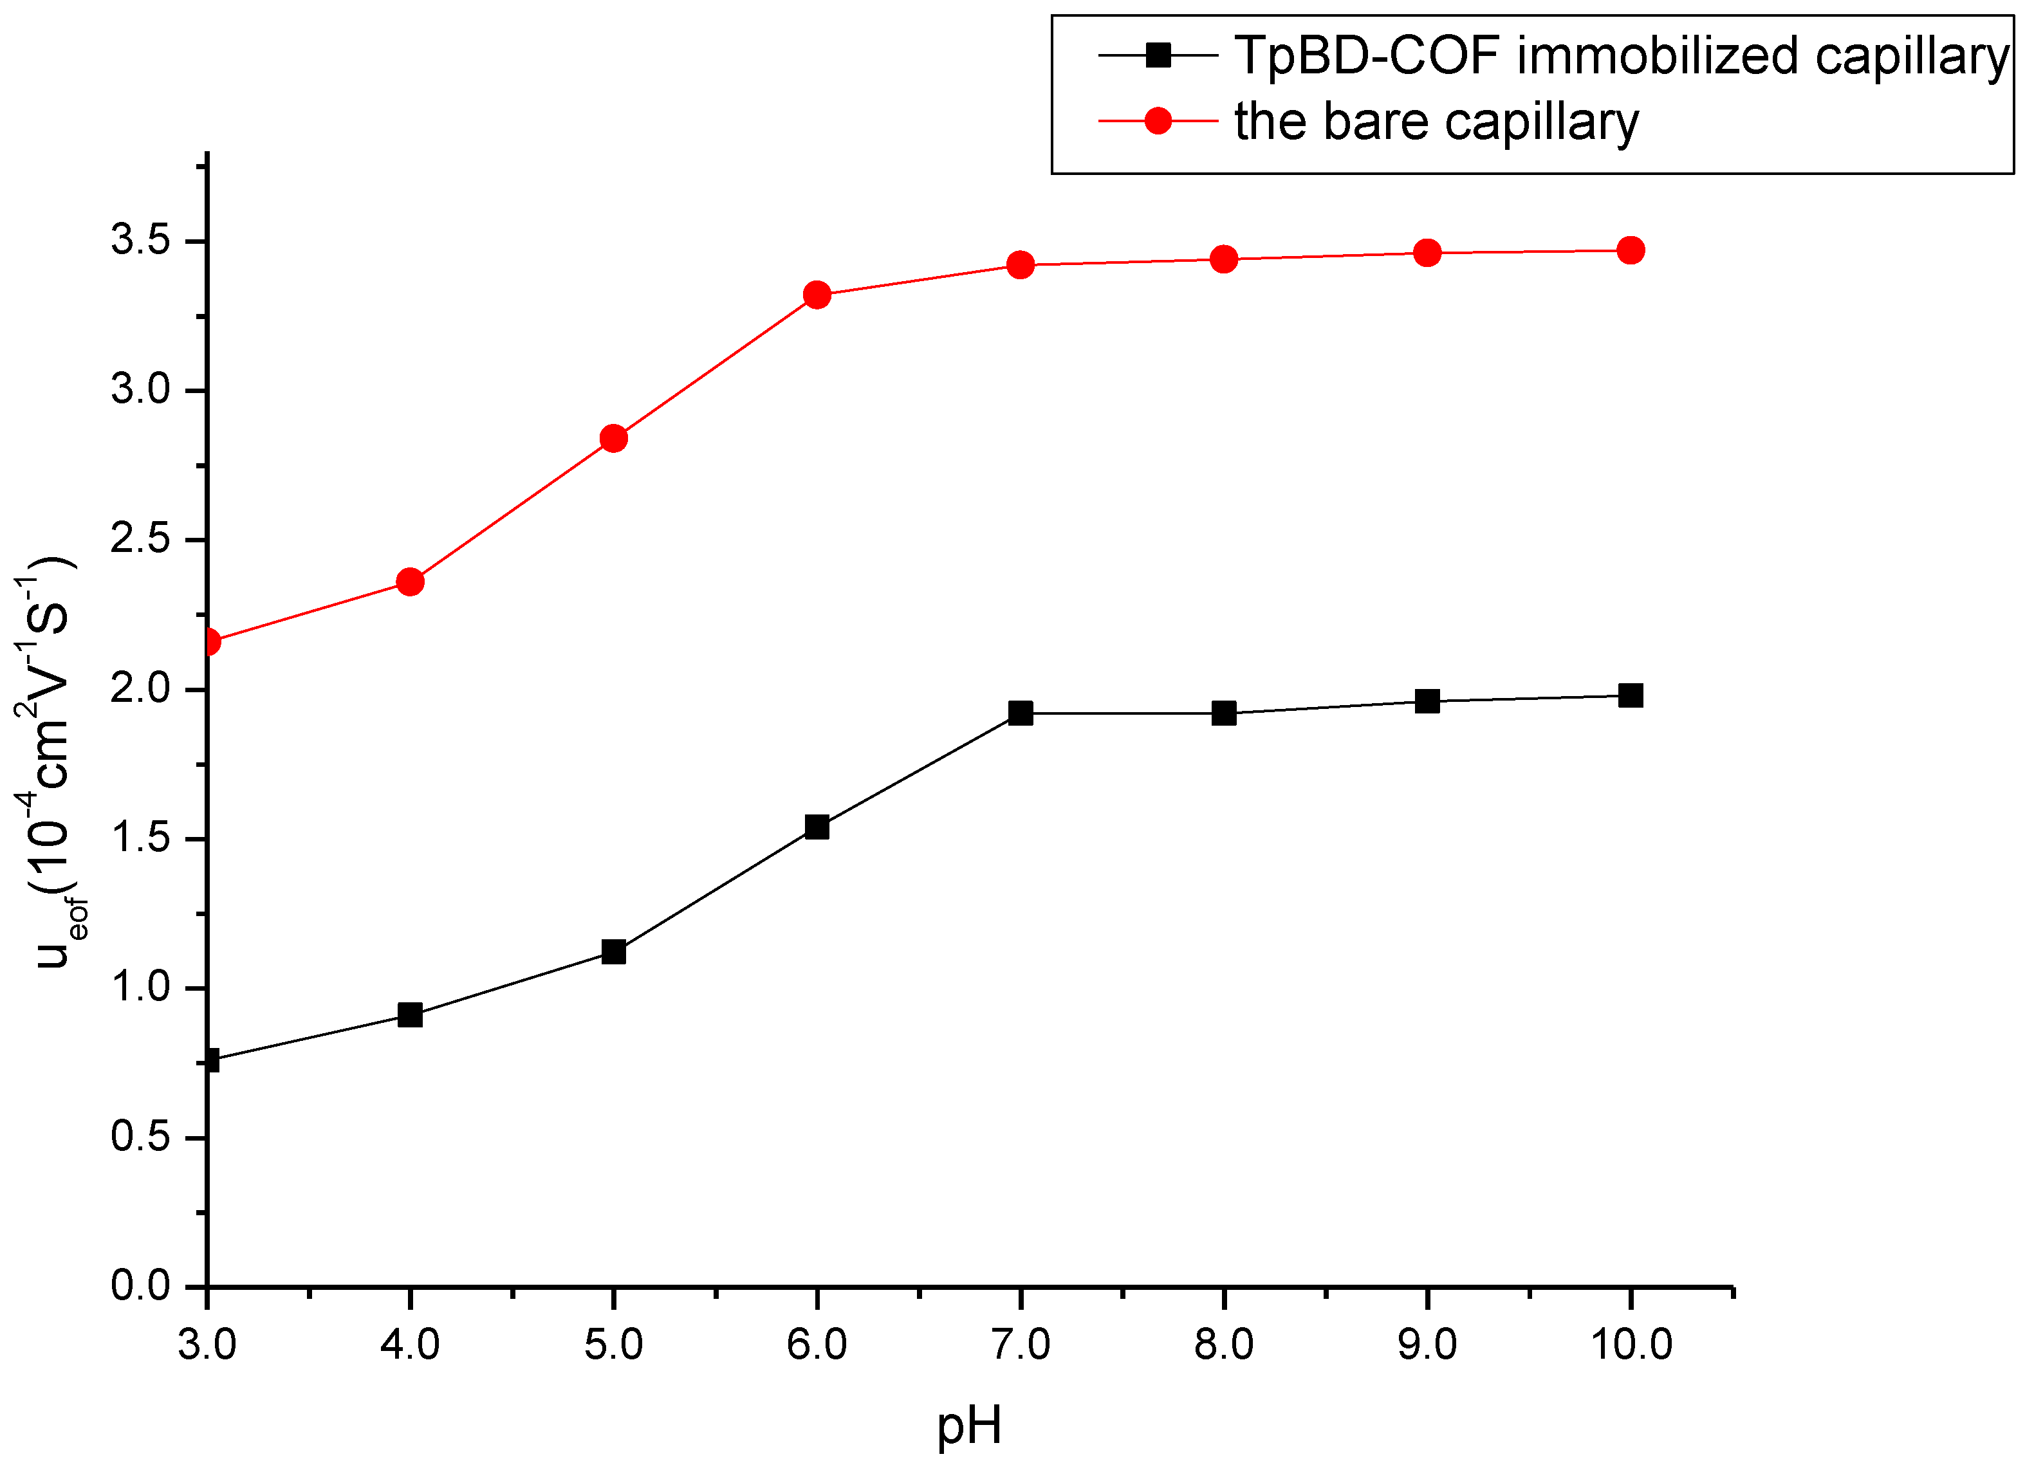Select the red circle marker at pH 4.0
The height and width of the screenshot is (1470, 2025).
tap(410, 582)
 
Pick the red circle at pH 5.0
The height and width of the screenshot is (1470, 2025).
tap(613, 438)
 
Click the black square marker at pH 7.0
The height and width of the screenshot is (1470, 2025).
tap(1021, 713)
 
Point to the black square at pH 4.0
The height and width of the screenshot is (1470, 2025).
tap(410, 1015)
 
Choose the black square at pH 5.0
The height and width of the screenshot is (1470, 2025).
tap(613, 951)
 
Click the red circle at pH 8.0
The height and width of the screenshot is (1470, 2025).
tap(1224, 259)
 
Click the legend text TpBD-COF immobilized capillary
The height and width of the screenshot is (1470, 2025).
tap(1620, 55)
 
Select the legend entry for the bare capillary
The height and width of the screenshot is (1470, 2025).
tap(1436, 122)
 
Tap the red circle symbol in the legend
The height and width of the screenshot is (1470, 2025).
tap(1158, 120)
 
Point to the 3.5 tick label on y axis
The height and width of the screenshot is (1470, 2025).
tap(141, 241)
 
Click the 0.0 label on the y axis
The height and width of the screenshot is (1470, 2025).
tap(141, 1286)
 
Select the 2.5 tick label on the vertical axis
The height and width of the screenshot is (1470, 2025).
tap(141, 540)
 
